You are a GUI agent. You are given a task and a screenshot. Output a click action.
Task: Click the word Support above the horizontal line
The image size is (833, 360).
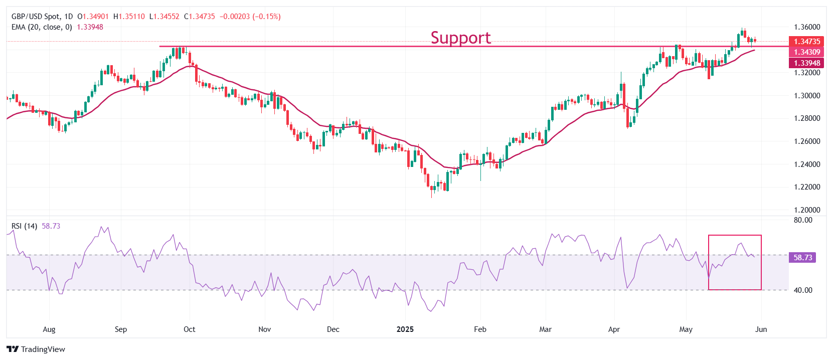pos(460,38)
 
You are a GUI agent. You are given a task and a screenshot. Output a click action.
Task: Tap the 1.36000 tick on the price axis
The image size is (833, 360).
pos(807,27)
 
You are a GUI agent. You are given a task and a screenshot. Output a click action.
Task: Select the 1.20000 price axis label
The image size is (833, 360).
pos(807,210)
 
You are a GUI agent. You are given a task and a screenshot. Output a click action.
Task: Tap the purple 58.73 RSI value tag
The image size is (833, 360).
pos(802,258)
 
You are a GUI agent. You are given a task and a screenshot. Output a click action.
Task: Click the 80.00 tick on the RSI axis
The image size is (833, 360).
pos(803,220)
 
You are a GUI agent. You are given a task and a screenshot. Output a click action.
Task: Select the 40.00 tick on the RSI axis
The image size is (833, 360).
pos(803,290)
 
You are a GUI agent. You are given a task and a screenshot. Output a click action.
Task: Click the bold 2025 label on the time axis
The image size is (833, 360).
pos(405,329)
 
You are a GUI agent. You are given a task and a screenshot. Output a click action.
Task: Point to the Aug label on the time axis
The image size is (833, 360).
pos(49,329)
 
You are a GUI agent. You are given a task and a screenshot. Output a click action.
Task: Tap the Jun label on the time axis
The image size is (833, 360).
pos(761,329)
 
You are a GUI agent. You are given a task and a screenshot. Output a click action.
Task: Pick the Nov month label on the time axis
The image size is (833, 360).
pos(264,329)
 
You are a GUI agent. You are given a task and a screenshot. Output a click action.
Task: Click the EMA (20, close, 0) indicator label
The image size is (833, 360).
pos(42,27)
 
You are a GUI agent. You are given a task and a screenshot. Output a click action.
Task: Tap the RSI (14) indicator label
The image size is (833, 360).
pos(24,226)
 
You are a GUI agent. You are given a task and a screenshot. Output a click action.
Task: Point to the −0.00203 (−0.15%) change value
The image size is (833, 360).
pos(250,17)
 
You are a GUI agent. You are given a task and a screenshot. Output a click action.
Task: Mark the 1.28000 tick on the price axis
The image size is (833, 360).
pos(807,118)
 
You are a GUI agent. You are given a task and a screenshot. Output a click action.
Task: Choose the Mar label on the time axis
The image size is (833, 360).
pos(545,329)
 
